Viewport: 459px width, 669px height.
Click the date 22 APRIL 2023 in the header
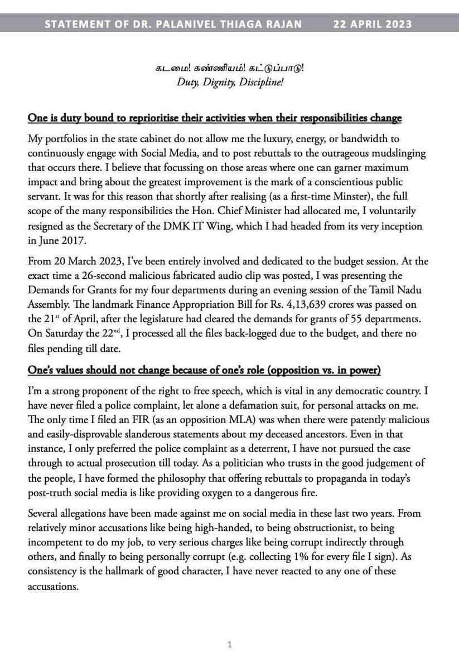click(374, 24)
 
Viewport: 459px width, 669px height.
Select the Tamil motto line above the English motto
click(229, 72)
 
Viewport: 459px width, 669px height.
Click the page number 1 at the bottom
click(229, 645)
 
